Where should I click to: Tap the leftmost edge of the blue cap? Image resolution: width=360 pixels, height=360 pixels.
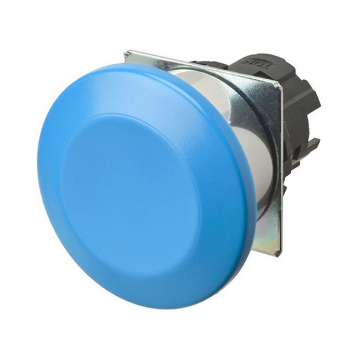pos(39,166)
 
